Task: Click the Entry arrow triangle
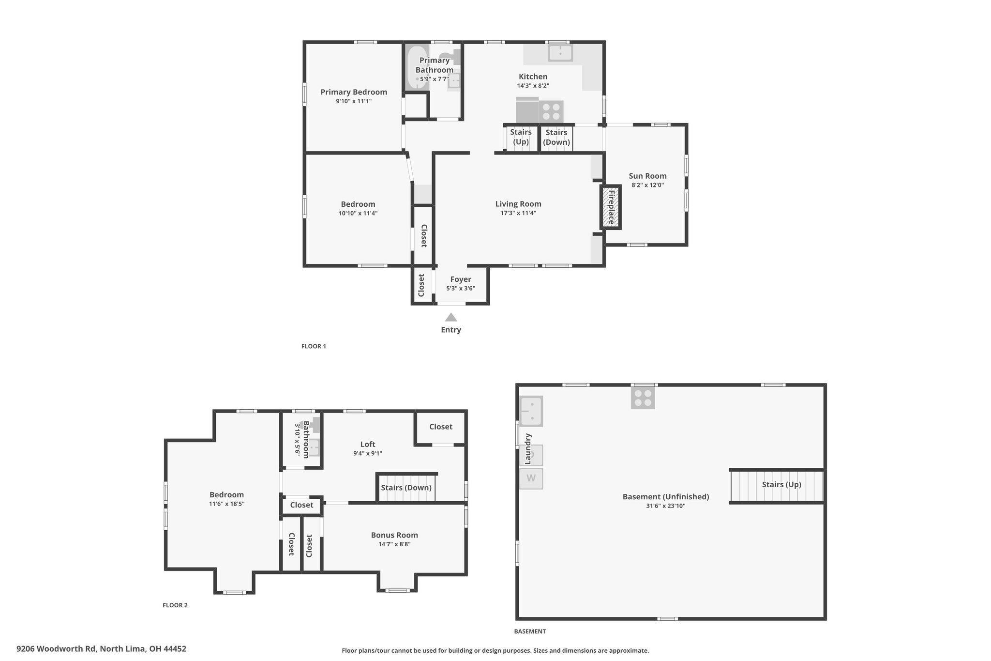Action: (451, 317)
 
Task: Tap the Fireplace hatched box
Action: (611, 207)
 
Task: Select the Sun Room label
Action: (647, 176)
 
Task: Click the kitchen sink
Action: (560, 53)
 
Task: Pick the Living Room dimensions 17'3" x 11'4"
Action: (518, 213)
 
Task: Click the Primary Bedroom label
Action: (354, 92)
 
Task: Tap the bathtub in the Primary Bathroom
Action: (417, 67)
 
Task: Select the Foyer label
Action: (461, 279)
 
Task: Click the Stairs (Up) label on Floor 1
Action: (521, 137)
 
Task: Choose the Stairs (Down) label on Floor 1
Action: (556, 137)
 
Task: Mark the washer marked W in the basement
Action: (531, 478)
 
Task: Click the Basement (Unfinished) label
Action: (666, 497)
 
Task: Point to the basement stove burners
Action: (643, 398)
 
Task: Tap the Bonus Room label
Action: (394, 535)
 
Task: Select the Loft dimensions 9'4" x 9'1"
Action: (368, 454)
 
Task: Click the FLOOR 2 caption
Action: (175, 605)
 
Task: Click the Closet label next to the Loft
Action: (441, 427)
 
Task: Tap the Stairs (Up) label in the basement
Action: (781, 485)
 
